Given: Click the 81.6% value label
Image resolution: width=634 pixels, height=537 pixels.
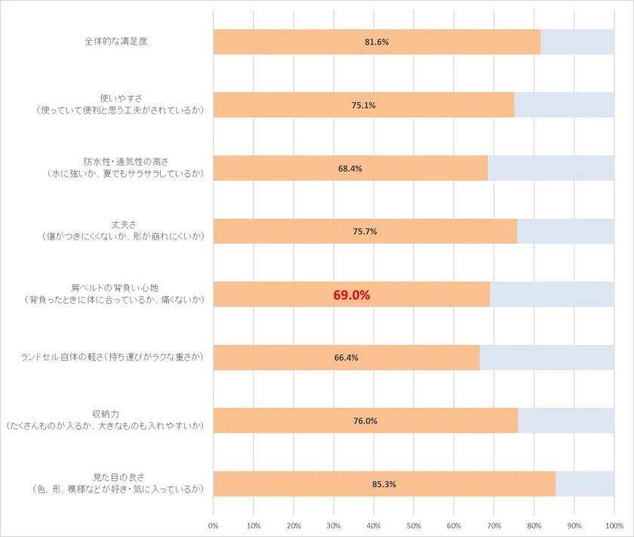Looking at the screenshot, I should point(377,42).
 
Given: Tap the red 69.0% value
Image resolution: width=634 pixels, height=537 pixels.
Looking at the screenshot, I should point(352,295).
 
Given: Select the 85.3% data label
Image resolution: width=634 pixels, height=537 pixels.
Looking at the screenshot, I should point(384,484).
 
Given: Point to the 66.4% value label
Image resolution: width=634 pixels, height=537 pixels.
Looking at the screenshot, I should point(346,358).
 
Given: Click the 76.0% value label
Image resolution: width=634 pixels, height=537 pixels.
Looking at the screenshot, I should point(365,421).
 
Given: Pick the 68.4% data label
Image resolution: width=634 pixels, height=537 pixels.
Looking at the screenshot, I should point(350,168).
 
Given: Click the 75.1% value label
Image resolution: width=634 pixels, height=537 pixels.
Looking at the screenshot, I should point(364,105).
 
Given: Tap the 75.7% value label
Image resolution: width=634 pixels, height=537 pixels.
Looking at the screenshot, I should point(365,231).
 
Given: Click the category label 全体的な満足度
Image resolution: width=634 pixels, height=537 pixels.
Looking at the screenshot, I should point(115,42).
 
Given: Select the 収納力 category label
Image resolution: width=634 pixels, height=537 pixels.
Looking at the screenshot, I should point(106,415).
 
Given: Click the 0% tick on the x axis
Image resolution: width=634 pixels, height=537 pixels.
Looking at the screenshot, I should point(214,525).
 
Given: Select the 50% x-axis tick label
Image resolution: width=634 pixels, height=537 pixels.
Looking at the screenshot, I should point(414,525).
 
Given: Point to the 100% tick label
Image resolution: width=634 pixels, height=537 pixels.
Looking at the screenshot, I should point(614,525).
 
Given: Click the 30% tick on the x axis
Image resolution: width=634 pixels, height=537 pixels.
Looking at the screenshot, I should point(334,525).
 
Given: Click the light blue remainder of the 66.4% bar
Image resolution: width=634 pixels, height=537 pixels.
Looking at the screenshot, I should point(546,358).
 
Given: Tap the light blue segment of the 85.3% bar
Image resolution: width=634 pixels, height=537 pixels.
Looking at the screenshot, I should point(584,484).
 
